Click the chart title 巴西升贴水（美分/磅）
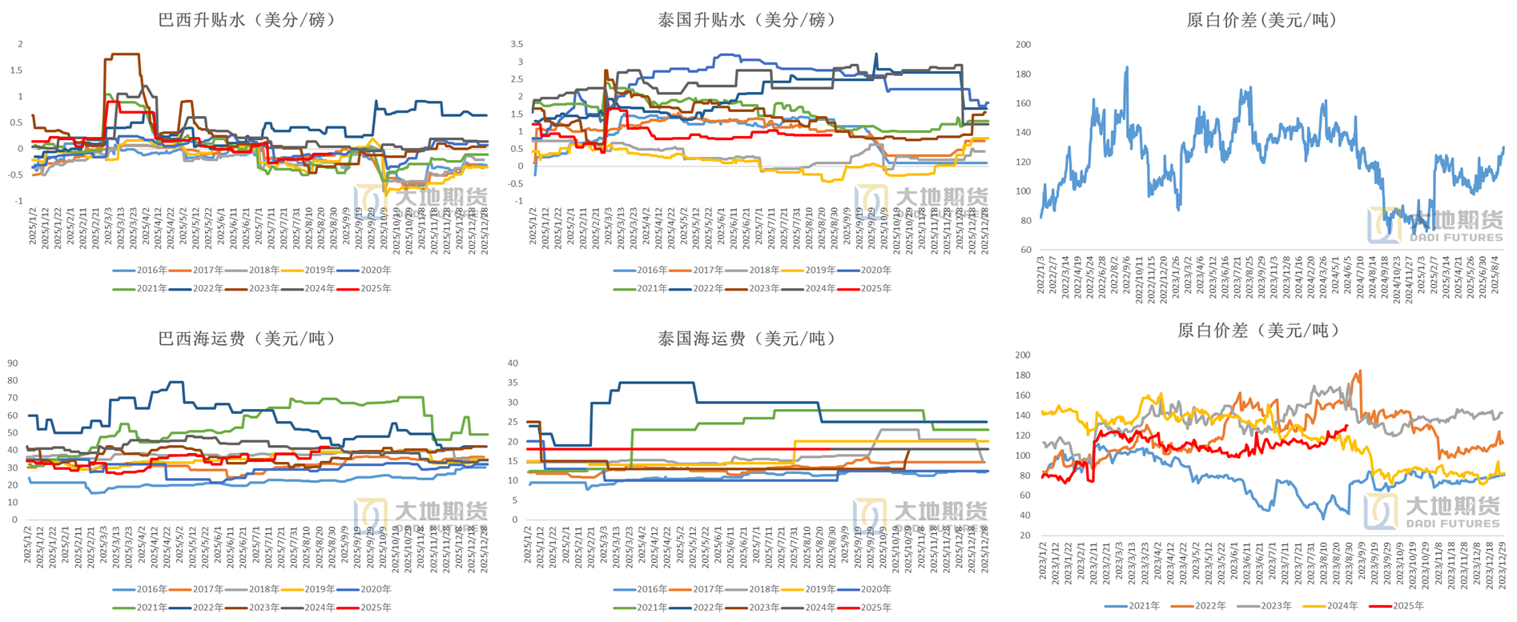(x=246, y=20)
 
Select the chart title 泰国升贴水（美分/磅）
(x=746, y=20)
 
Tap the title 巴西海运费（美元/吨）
(x=246, y=339)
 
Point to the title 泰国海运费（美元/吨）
(x=746, y=339)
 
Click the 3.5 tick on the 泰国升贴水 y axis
(x=517, y=44)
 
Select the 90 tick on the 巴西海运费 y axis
(x=13, y=363)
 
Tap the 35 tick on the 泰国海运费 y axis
(x=513, y=383)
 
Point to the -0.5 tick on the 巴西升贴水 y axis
(x=16, y=175)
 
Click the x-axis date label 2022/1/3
(x=1041, y=274)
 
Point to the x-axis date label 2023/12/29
(x=1502, y=564)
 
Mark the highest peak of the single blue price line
(x=1127, y=68)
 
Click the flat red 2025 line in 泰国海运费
(x=721, y=449)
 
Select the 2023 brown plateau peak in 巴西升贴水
(x=123, y=54)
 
